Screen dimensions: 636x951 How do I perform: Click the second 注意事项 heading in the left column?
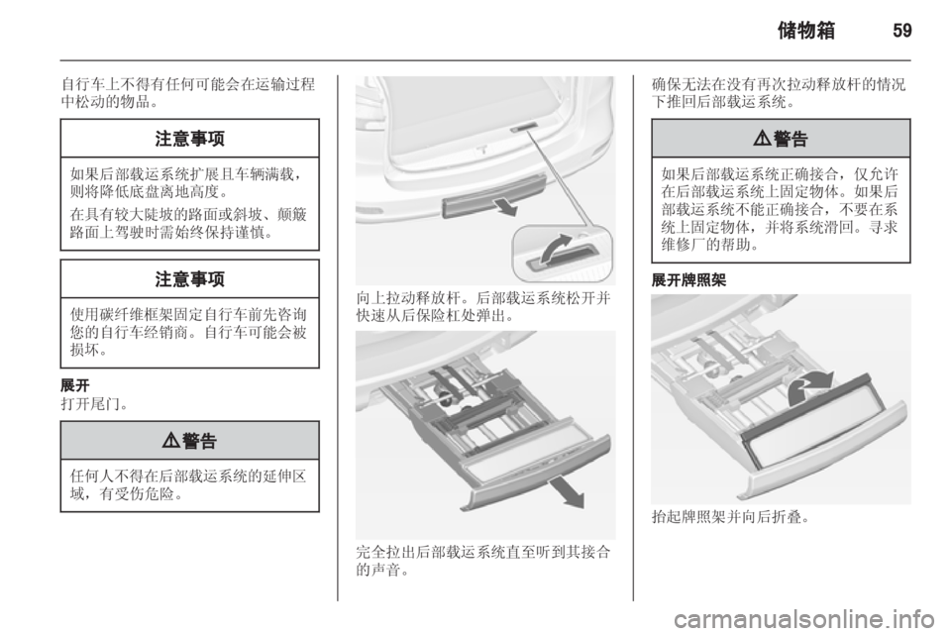click(188, 279)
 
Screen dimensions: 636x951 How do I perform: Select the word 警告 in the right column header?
click(791, 139)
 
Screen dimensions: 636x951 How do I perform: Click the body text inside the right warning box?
click(780, 211)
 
